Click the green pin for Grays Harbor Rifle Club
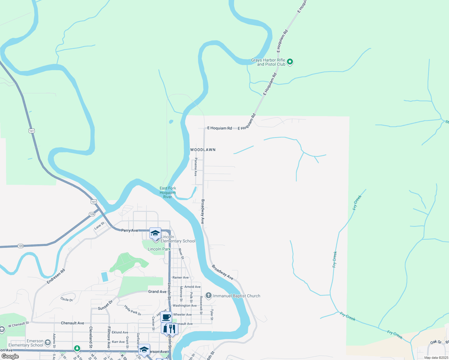(x=290, y=62)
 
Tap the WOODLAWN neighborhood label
(x=203, y=150)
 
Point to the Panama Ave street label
(x=196, y=167)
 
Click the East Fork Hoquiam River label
(x=168, y=193)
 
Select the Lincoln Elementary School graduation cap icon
(x=155, y=233)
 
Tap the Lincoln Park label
(x=159, y=249)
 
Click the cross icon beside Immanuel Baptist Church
(x=209, y=296)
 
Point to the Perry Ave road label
(x=130, y=230)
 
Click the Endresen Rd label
(x=56, y=276)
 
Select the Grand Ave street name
(x=157, y=292)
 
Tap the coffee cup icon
(x=166, y=317)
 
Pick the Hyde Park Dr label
(x=133, y=310)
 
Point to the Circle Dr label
(x=67, y=299)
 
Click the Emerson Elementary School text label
(x=26, y=343)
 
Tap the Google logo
(x=10, y=356)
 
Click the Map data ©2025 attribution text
(x=436, y=358)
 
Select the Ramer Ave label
(x=181, y=277)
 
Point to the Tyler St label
(x=212, y=315)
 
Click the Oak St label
(x=436, y=342)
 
